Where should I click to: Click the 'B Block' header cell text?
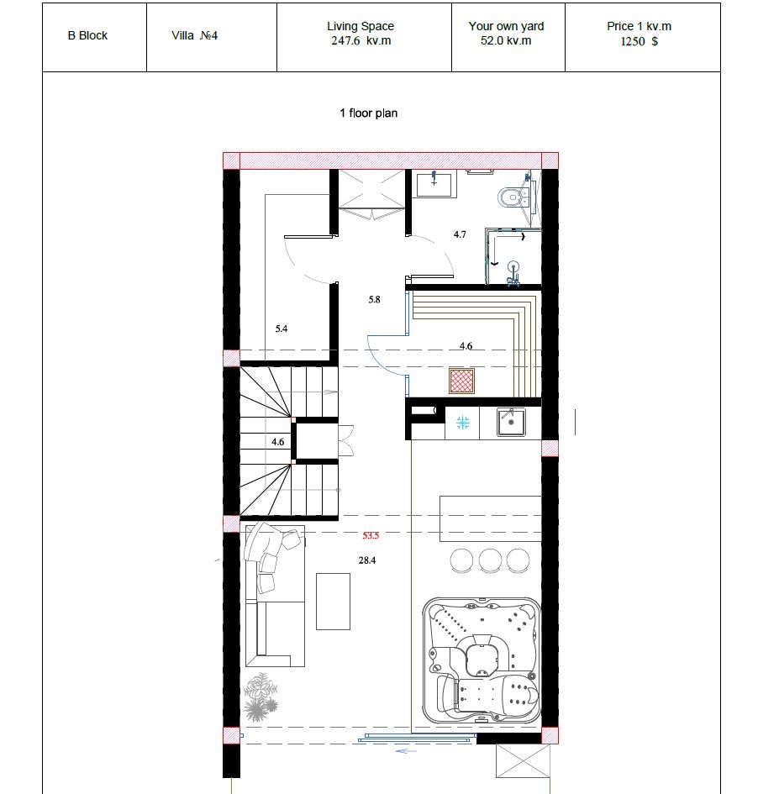click(x=87, y=35)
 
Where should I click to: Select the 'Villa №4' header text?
click(x=194, y=35)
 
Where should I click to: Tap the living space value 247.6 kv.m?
click(x=361, y=41)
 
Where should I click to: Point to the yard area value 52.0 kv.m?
click(x=506, y=41)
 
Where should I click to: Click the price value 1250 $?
click(x=639, y=41)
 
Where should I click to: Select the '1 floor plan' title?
click(x=369, y=113)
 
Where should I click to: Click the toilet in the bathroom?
click(x=510, y=197)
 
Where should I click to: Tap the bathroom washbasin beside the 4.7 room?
click(x=436, y=183)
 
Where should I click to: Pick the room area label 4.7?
click(x=460, y=234)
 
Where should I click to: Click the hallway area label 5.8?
click(x=374, y=300)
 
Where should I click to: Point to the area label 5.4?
click(x=281, y=329)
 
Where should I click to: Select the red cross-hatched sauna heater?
click(x=462, y=381)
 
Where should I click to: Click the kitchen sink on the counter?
click(x=510, y=423)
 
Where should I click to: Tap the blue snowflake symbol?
click(x=463, y=423)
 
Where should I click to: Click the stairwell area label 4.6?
click(x=278, y=442)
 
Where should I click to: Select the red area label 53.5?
click(x=371, y=535)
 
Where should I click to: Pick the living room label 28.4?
click(x=367, y=560)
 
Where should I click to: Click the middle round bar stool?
click(x=490, y=560)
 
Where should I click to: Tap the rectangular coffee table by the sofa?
click(x=333, y=602)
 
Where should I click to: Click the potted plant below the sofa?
click(x=261, y=697)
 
